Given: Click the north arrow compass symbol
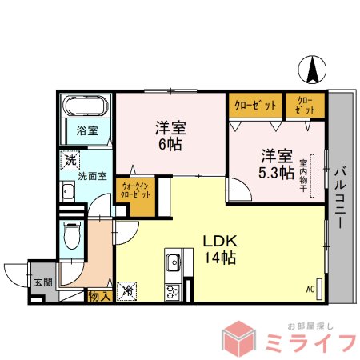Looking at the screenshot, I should [312, 70].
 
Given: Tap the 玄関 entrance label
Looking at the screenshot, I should [41, 282].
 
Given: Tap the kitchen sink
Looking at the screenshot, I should [174, 262].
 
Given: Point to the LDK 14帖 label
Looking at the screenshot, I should [218, 249].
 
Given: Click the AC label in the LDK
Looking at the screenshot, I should [310, 289].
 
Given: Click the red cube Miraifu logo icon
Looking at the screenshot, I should [244, 338].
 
